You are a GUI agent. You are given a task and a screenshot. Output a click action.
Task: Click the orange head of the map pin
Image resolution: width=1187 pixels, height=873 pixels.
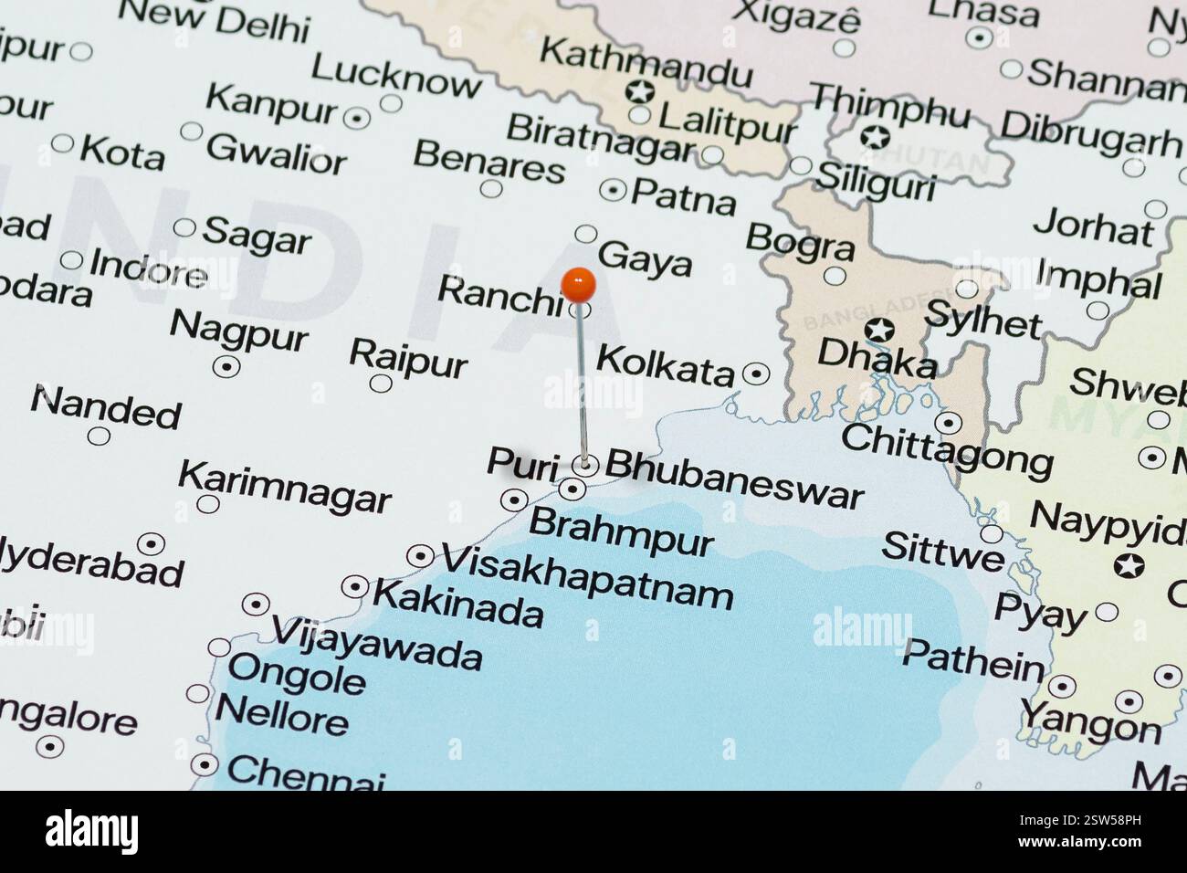[x=578, y=285]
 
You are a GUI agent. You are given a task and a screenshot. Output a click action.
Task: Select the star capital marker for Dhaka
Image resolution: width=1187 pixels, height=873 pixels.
[x=879, y=330]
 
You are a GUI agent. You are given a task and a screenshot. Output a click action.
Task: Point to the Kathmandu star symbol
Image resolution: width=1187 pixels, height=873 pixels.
[x=640, y=91]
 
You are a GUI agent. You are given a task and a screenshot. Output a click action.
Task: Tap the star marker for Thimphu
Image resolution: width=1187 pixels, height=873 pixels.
[x=875, y=138]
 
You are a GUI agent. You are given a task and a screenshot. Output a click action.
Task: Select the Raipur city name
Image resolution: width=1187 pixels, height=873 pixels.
[x=408, y=357]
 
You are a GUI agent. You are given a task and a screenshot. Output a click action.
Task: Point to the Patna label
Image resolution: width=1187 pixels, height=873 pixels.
[x=683, y=195]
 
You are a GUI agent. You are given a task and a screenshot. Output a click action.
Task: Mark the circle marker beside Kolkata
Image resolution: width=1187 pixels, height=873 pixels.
[x=756, y=373]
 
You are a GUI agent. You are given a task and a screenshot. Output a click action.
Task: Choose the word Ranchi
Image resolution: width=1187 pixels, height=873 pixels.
[x=499, y=295]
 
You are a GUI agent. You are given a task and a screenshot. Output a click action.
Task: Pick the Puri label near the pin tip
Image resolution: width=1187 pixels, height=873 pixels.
[x=521, y=465]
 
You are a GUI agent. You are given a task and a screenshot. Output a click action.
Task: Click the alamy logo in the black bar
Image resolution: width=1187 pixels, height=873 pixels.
[x=91, y=831]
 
